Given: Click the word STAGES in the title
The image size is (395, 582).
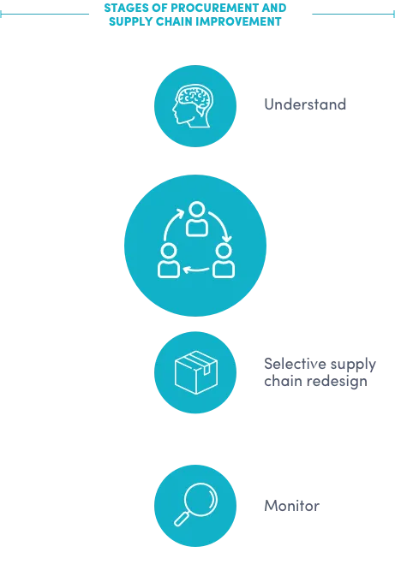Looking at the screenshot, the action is click(x=122, y=8).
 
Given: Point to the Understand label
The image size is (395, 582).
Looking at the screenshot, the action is click(x=305, y=104).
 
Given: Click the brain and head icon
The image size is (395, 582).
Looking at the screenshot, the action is click(x=193, y=106).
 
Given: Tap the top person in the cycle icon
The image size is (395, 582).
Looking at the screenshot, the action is click(x=196, y=219).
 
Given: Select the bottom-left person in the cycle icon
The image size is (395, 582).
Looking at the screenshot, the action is click(x=169, y=260).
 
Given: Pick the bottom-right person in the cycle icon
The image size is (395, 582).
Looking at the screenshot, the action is click(x=224, y=260).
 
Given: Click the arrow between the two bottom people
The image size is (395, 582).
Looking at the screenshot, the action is click(x=196, y=270).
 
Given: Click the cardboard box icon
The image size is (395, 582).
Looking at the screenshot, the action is click(x=196, y=372).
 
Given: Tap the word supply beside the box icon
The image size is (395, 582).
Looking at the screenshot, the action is click(x=353, y=365).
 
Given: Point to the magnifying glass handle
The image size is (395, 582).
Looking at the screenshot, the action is click(x=182, y=519).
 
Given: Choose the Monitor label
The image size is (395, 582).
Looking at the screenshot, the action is click(x=291, y=506).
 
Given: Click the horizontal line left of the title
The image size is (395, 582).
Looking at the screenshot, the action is click(x=45, y=14).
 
